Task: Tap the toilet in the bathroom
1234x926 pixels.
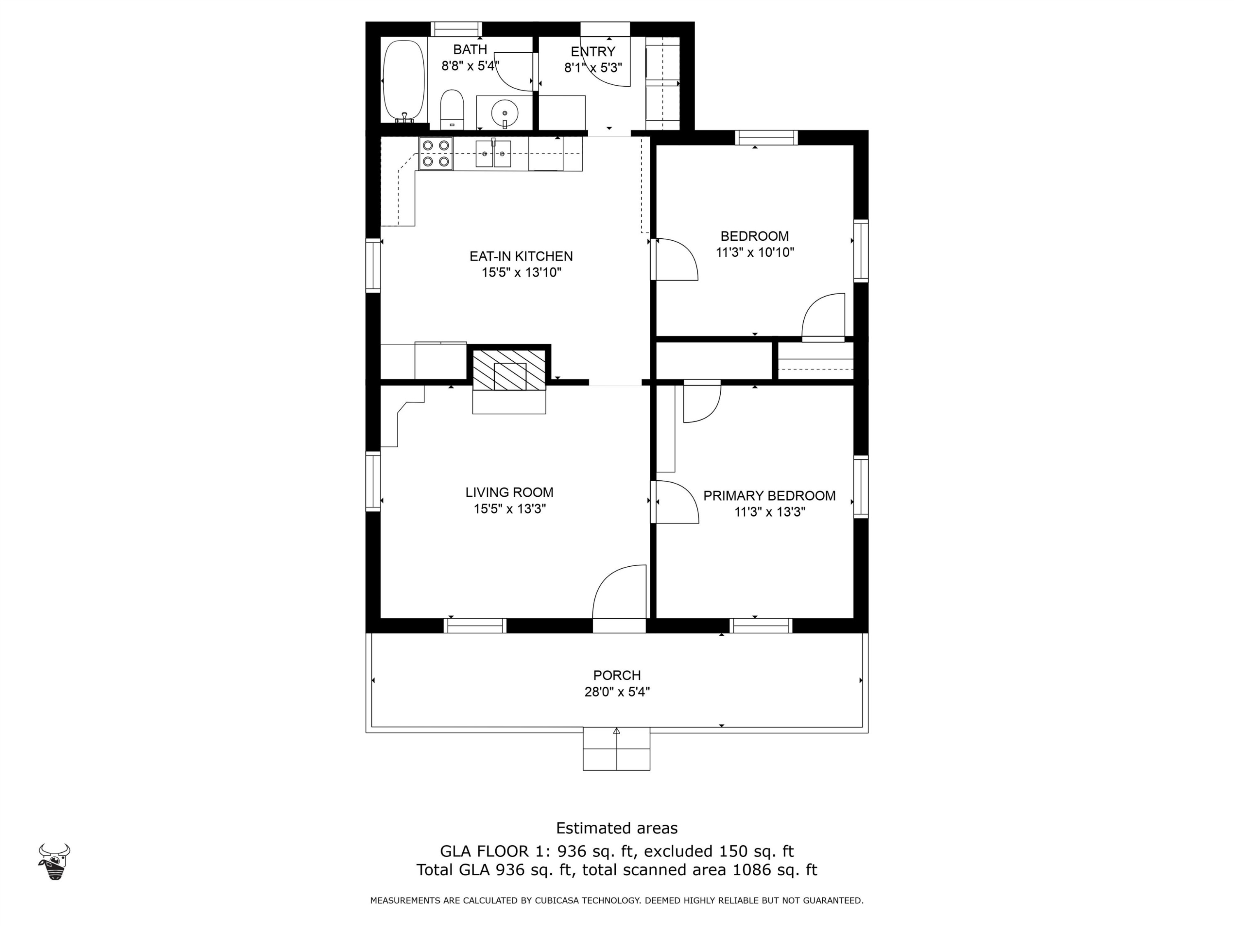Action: tap(452, 109)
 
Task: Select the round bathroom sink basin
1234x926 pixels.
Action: tap(504, 113)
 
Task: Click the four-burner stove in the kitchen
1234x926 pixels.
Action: tap(436, 154)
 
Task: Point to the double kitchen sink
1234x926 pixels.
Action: tap(493, 154)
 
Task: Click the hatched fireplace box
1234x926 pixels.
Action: tap(509, 370)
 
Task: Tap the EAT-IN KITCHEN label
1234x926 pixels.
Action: tap(521, 256)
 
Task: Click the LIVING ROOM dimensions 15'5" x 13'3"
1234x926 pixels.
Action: tap(509, 509)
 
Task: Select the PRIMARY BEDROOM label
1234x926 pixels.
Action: tap(769, 496)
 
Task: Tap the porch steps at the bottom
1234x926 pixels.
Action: tap(617, 749)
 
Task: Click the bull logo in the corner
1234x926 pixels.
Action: tap(54, 861)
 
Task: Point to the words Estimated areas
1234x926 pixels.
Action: tap(617, 828)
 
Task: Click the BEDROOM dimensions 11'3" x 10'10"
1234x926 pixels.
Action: tap(754, 252)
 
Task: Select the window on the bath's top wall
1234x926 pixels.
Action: tap(456, 29)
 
